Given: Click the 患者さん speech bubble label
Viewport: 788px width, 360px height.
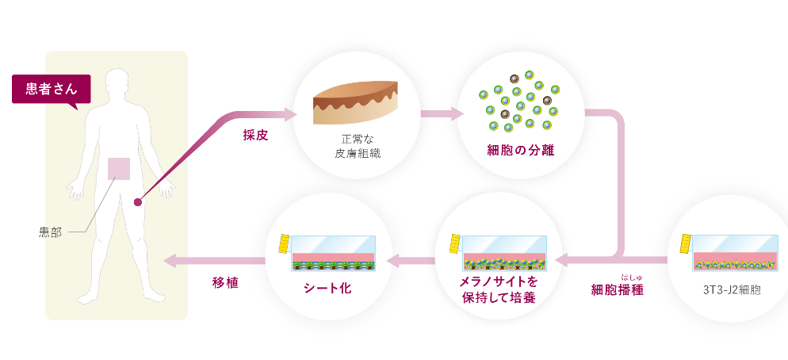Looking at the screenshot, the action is [51, 90].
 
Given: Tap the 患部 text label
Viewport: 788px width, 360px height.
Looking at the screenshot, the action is [50, 232].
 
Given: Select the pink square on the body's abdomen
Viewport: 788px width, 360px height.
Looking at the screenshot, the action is [119, 168].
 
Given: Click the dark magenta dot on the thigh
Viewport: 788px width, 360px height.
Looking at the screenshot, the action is [137, 202].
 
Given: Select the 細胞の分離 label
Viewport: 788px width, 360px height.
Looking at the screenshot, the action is [521, 151].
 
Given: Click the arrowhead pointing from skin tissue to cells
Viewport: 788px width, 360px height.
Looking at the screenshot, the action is [458, 113].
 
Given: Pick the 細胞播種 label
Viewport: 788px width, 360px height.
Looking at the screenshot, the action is [617, 290].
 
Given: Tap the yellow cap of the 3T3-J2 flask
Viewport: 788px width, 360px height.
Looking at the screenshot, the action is [686, 243].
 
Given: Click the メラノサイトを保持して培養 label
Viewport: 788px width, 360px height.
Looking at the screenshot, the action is [498, 289].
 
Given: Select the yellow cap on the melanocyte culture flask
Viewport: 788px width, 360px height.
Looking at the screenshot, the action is [457, 243].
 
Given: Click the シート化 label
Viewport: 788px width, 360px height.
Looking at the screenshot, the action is [327, 289].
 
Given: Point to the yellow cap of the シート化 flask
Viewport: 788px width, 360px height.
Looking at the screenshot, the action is [285, 243].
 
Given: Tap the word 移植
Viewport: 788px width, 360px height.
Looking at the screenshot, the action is [225, 282].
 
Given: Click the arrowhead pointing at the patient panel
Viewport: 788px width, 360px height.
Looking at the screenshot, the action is [170, 260].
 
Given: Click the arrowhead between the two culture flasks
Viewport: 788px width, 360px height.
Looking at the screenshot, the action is [392, 260].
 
